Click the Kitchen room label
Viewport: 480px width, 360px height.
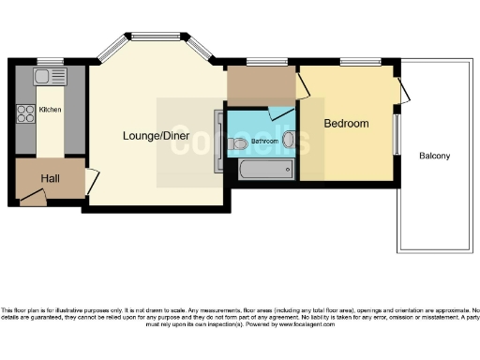[50, 110]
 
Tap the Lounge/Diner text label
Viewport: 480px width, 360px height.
[155, 136]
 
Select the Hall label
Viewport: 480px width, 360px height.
[50, 178]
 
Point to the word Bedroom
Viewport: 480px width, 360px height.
[346, 124]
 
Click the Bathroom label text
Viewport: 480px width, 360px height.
[263, 142]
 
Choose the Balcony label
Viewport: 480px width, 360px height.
[435, 156]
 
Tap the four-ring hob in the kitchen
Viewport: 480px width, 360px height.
[25, 114]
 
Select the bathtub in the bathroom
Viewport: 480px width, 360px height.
[266, 170]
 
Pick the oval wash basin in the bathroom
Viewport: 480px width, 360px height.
[288, 142]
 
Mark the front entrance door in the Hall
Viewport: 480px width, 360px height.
[33, 198]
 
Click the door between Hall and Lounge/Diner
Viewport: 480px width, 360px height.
[91, 181]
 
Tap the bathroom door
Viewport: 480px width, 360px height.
[280, 112]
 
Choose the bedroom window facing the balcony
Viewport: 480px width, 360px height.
[396, 134]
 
